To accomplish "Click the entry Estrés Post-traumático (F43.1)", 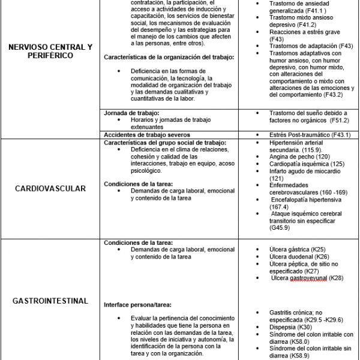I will click(301, 134).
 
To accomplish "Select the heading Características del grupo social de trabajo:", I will click(165, 143).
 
